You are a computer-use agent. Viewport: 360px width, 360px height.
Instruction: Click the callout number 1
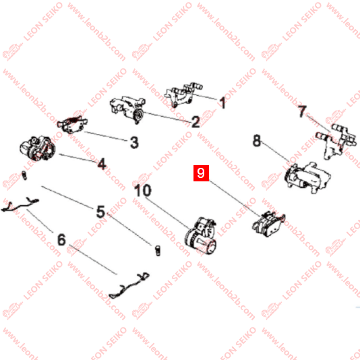coord(222,102)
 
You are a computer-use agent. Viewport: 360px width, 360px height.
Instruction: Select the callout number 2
coord(196,121)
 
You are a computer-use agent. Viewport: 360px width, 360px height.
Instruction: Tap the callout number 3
coord(134,142)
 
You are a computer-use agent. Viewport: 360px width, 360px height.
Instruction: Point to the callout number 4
coord(102,164)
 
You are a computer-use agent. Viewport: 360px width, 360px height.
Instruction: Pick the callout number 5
coord(100,212)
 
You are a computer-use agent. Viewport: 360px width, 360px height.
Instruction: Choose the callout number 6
coord(61,240)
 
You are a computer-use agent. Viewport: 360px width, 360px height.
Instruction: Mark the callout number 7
coord(302,111)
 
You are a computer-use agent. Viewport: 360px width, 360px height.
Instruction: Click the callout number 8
coord(257,140)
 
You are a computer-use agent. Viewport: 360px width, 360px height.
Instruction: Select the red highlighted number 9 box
coord(201,173)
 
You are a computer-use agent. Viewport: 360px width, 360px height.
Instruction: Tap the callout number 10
coord(143,190)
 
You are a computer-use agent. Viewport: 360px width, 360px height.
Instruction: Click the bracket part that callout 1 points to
coord(183,94)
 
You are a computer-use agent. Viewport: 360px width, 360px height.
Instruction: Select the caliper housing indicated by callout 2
coord(127,109)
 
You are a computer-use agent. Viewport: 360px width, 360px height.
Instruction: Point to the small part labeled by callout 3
coord(72,125)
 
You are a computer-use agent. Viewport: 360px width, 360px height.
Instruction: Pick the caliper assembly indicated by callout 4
coord(38,148)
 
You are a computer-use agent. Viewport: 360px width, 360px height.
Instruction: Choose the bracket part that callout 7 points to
coord(336,141)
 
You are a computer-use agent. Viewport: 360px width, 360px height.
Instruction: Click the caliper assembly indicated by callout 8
coord(307,177)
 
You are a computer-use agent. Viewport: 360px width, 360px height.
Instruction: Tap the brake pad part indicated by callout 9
coord(268,224)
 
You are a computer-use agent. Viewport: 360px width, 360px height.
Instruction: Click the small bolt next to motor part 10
coord(158,250)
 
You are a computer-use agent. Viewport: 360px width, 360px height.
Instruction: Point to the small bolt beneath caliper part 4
coord(24,175)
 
